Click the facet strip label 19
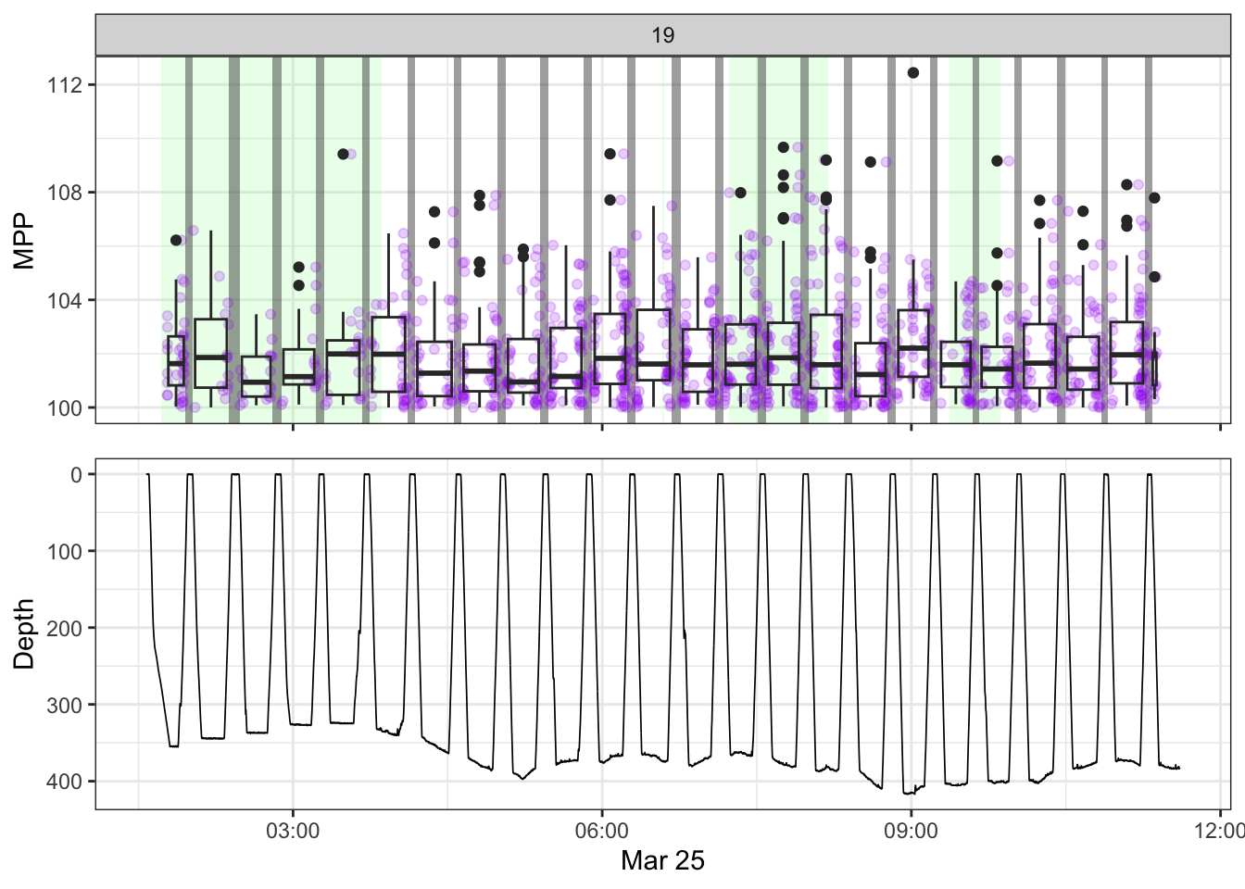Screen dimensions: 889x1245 pyautogui.click(x=662, y=35)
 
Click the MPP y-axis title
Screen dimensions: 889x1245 pyautogui.click(x=24, y=241)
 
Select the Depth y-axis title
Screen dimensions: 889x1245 pyautogui.click(x=24, y=633)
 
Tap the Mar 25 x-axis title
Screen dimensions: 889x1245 pyautogui.click(x=662, y=860)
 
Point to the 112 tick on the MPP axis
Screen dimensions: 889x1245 pyautogui.click(x=66, y=85)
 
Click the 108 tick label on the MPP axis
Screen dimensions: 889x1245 pyautogui.click(x=66, y=193)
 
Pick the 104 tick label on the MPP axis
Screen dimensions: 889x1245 pyautogui.click(x=66, y=300)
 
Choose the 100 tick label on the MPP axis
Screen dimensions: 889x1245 pyautogui.click(x=66, y=407)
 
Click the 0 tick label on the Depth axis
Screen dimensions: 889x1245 pyautogui.click(x=77, y=474)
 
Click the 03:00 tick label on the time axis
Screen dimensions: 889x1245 pyautogui.click(x=293, y=831)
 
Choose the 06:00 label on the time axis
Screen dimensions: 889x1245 pyautogui.click(x=602, y=831)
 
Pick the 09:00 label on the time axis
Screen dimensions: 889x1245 pyautogui.click(x=911, y=831)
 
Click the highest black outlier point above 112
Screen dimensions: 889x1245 pyautogui.click(x=913, y=73)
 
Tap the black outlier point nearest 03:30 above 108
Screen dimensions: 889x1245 pyautogui.click(x=343, y=154)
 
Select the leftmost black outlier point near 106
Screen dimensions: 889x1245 pyautogui.click(x=176, y=240)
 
